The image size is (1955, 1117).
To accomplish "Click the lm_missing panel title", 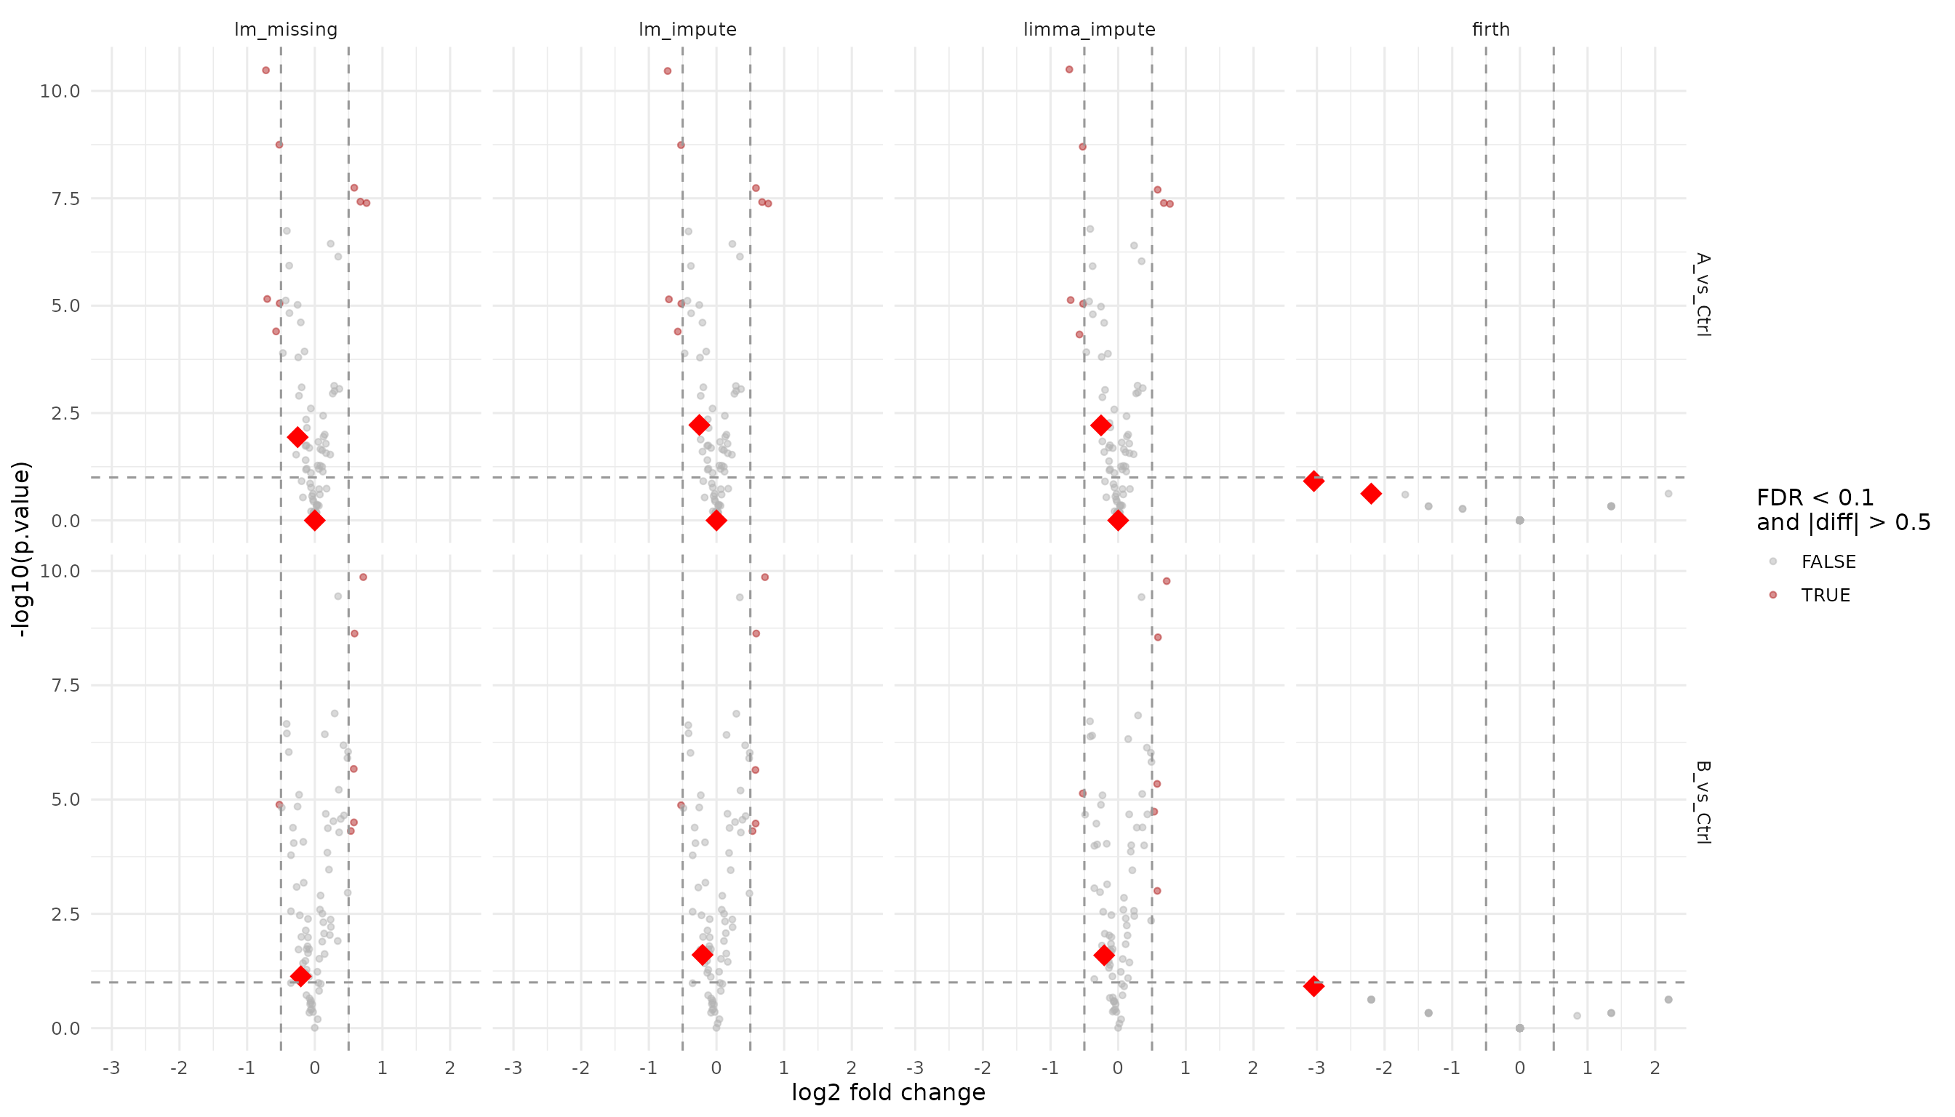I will tap(285, 29).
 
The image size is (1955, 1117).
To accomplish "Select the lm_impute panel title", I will tap(687, 29).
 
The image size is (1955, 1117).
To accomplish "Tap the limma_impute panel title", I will tap(1089, 29).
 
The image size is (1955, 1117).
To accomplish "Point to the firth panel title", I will tap(1491, 29).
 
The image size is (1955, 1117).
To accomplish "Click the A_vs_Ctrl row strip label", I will tap(1703, 295).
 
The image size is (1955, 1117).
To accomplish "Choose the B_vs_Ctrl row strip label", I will tap(1703, 801).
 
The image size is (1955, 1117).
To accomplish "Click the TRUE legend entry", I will tap(1826, 596).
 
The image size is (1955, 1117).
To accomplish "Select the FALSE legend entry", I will tap(1828, 561).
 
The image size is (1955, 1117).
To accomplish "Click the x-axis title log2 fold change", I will tap(888, 1092).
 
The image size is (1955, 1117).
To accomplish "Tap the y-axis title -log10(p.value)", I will tap(22, 548).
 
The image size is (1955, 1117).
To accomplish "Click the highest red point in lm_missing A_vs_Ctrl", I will tap(265, 71).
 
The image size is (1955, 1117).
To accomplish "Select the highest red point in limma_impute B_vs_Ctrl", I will tap(1167, 582).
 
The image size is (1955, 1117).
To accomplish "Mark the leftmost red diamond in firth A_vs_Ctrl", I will tap(1314, 482).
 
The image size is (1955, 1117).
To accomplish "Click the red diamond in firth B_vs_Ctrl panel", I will tap(1314, 987).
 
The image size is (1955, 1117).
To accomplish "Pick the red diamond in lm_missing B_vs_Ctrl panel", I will tap(300, 977).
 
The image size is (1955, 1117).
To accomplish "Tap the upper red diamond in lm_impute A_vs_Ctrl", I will tap(699, 425).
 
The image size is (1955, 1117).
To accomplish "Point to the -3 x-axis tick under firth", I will tap(1316, 1068).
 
